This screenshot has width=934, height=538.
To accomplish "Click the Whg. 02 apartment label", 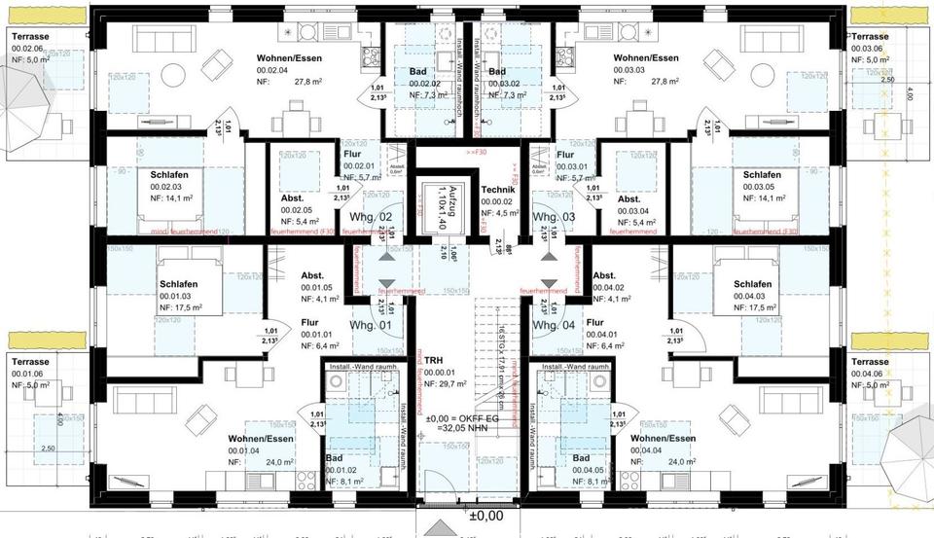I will point(373,216).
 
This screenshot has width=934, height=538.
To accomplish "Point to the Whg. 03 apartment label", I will point(556,216).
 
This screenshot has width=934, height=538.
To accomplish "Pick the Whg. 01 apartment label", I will point(371,325).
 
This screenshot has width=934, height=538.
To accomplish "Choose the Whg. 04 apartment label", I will point(556,325).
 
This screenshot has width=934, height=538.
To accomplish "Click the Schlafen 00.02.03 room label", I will point(169,174).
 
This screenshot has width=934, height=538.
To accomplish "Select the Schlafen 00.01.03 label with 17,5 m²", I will point(179,284).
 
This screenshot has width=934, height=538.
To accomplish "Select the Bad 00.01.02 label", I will point(335,458).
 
